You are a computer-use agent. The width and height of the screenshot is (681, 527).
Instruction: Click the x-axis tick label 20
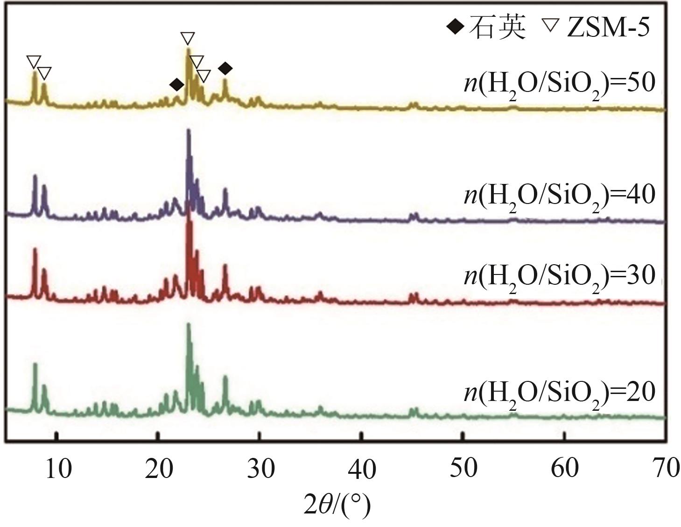[x=159, y=468]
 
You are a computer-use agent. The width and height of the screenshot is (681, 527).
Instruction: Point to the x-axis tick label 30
[x=260, y=468]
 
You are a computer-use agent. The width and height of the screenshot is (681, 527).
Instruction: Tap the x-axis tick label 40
[x=361, y=468]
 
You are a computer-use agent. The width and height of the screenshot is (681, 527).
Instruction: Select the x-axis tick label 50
[x=463, y=468]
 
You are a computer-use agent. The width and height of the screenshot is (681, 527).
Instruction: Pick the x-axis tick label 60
[x=565, y=468]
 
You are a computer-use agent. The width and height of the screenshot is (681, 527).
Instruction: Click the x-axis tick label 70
[x=666, y=468]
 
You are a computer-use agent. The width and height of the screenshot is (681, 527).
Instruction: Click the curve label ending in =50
[x=560, y=84]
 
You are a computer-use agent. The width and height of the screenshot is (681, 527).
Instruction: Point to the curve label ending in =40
[x=560, y=195]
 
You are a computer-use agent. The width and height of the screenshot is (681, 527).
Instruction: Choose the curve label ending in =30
[x=560, y=275]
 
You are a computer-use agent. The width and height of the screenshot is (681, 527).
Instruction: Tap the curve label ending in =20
[x=560, y=393]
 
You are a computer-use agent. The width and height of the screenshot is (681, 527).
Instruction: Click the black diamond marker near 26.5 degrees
[x=225, y=69]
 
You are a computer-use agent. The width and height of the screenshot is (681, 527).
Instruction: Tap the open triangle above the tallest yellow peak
[x=187, y=38]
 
